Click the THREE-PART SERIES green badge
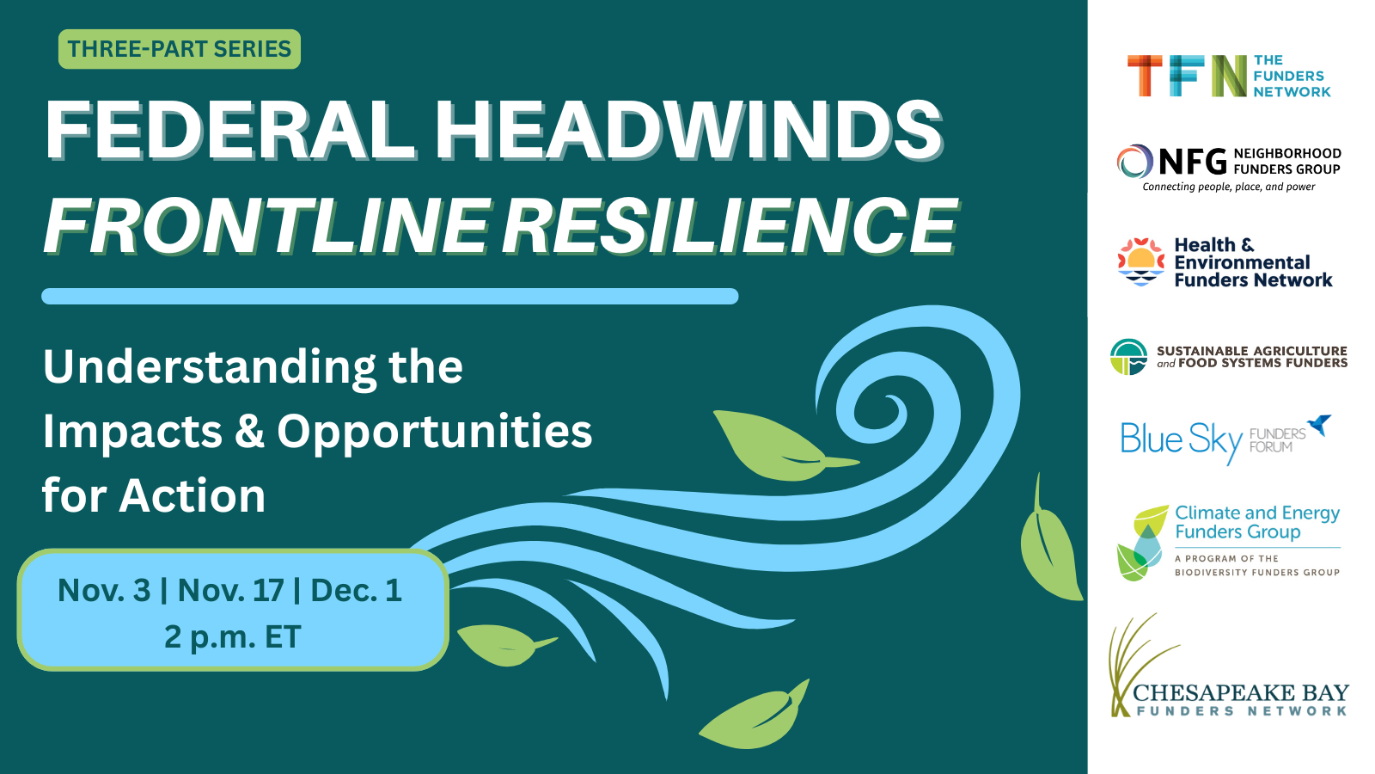[x=180, y=49]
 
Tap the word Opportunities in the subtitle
[x=435, y=432]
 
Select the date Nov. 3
[x=104, y=590]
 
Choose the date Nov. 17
[x=231, y=590]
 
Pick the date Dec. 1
[x=356, y=590]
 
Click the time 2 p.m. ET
[x=233, y=637]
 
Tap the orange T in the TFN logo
[x=1145, y=76]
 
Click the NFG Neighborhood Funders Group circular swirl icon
[x=1134, y=162]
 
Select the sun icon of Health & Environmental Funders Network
[x=1141, y=261]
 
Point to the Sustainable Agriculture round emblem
[x=1128, y=357]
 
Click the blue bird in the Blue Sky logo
[x=1320, y=425]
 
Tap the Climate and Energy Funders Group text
[x=1257, y=522]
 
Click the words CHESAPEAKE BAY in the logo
[x=1241, y=693]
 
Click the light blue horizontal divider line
[x=390, y=296]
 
